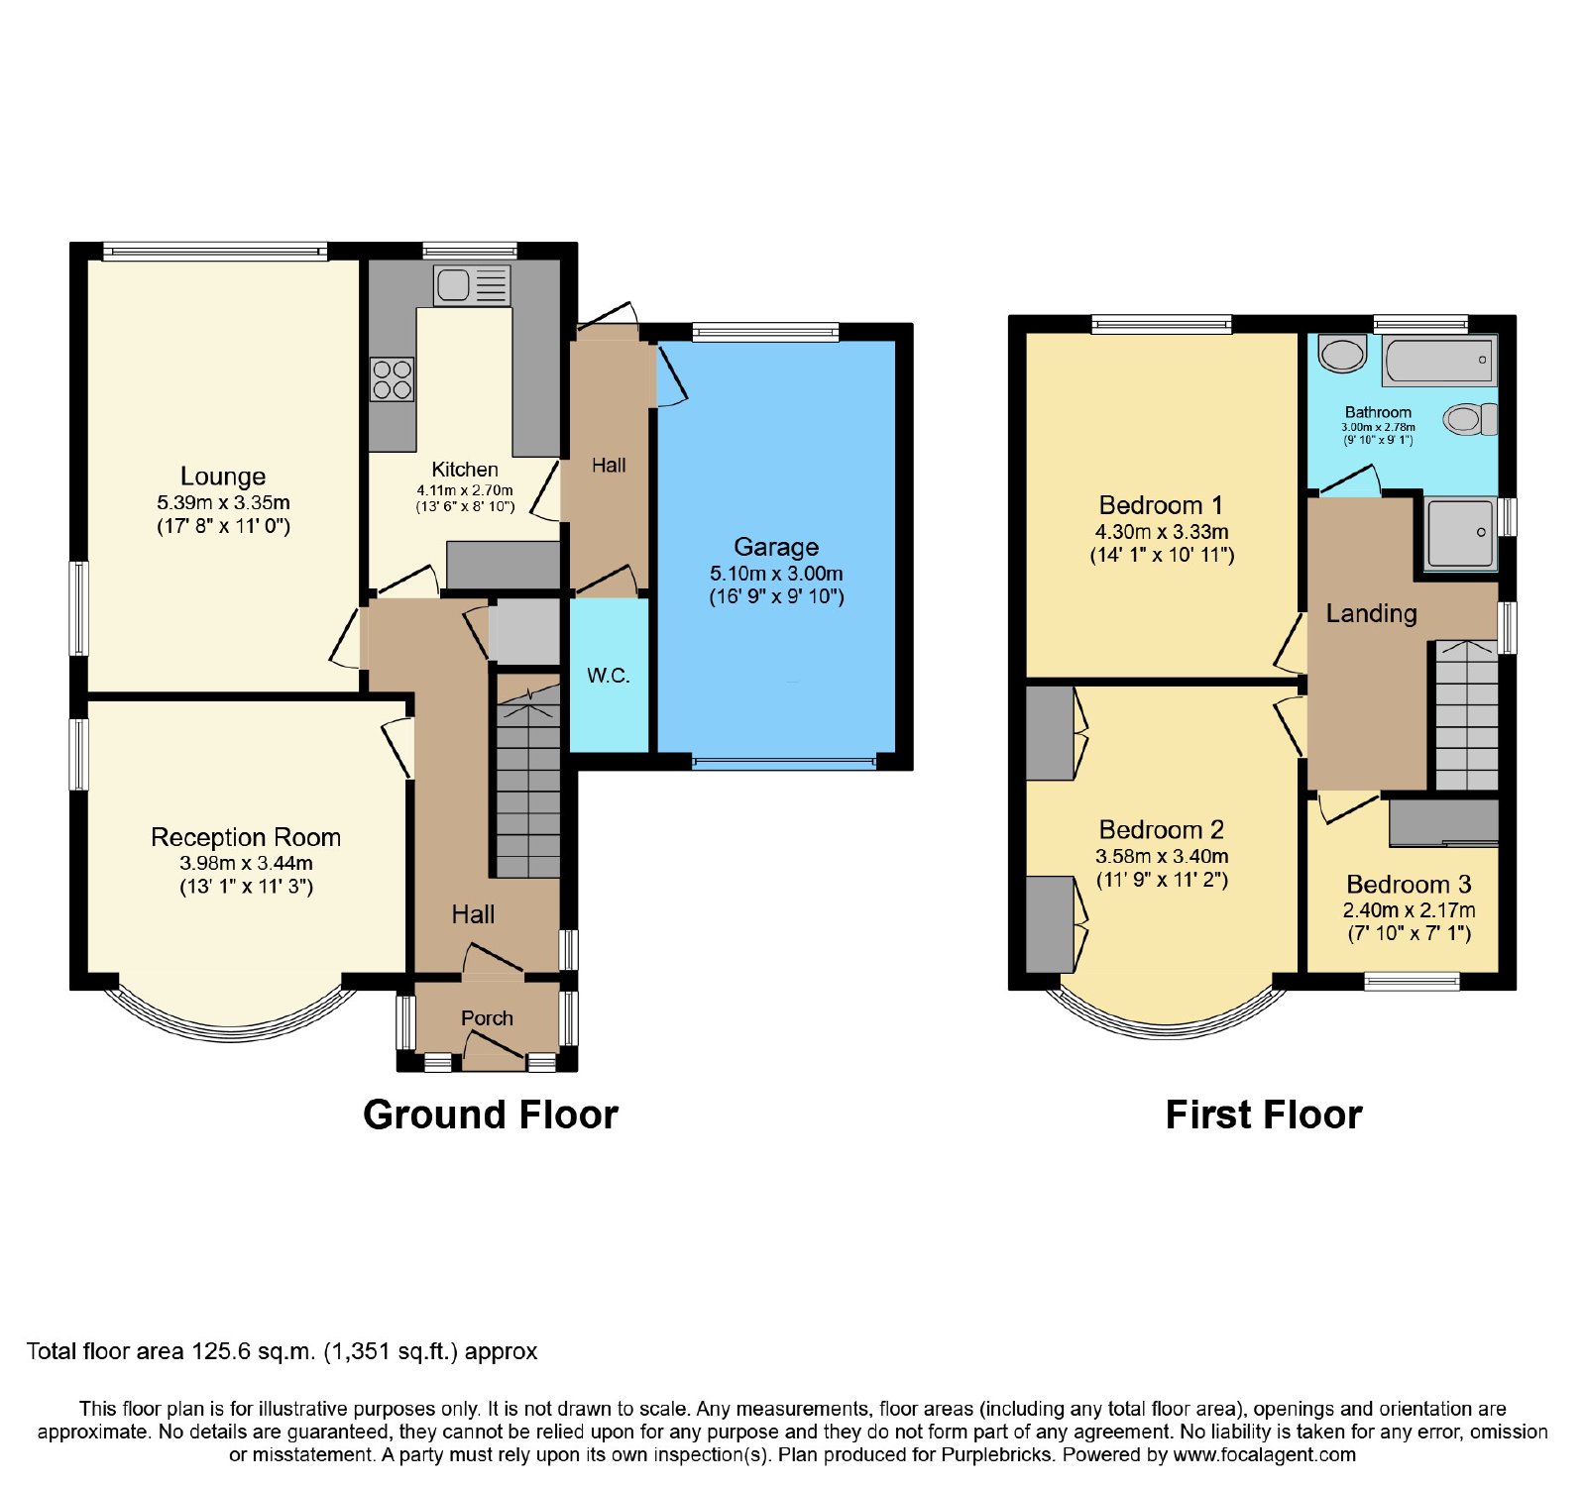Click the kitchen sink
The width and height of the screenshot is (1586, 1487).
472,285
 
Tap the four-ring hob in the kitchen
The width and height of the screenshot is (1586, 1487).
392,378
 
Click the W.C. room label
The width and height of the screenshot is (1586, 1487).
609,676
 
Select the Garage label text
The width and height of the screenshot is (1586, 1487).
776,547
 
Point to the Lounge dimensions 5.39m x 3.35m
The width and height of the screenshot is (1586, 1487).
223,502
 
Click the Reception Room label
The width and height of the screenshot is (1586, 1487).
246,837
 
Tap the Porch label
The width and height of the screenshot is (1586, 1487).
487,1018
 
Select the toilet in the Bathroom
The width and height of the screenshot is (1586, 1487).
1470,419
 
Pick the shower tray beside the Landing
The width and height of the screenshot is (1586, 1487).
1461,533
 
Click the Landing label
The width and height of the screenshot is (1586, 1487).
1372,613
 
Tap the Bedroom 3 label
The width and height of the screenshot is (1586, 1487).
1409,884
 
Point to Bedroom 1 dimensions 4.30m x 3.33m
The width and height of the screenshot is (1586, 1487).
1162,532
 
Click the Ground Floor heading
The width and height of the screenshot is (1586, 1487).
491,1115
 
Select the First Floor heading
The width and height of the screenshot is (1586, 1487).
1264,1115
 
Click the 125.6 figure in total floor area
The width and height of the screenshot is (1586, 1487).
221,1351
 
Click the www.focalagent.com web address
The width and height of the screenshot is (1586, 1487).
1264,1455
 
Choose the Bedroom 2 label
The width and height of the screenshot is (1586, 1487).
1162,829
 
